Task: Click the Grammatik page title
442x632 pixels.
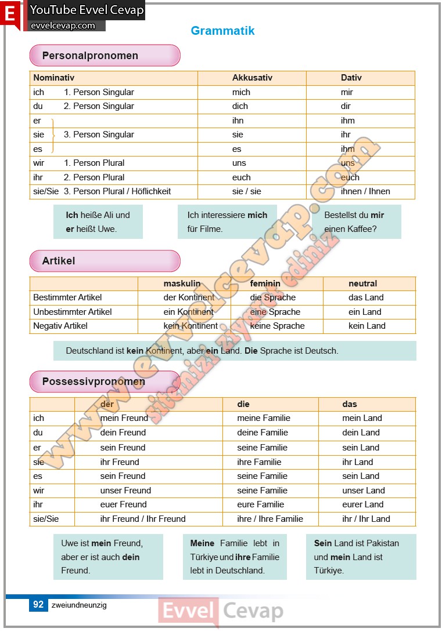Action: [x=222, y=31]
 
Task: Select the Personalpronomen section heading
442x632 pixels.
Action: [x=90, y=56]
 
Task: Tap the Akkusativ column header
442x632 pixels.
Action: [x=252, y=78]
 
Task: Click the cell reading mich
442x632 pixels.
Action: [x=241, y=92]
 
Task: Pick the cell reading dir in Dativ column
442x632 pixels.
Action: [x=347, y=106]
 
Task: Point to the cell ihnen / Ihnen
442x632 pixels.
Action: [x=365, y=191]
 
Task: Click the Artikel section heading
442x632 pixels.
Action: [x=59, y=261]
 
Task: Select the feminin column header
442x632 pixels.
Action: [x=265, y=284]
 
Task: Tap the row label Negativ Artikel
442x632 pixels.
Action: [x=60, y=326]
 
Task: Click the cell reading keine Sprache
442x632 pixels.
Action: [x=277, y=326]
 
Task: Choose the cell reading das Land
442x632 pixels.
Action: [x=366, y=297]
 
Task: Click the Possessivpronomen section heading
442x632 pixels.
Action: [x=94, y=382]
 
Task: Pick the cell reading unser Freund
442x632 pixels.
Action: [x=125, y=491]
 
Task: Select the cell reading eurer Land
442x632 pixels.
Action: [x=363, y=504]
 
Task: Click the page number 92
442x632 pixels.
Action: [x=38, y=605]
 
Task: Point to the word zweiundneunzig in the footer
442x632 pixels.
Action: [x=78, y=605]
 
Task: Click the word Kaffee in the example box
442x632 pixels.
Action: [x=363, y=229]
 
